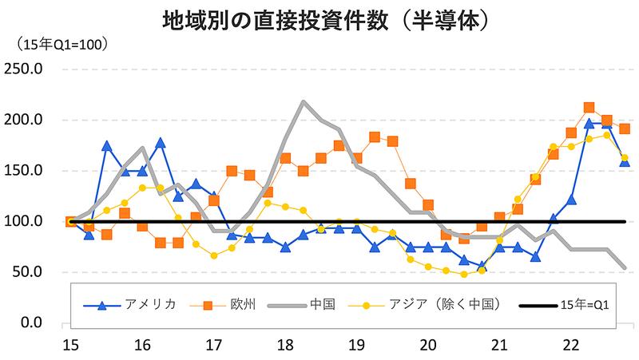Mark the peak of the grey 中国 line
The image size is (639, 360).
(x=304, y=102)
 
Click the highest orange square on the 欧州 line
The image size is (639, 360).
(x=589, y=108)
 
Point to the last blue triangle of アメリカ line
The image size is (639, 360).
(x=625, y=161)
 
